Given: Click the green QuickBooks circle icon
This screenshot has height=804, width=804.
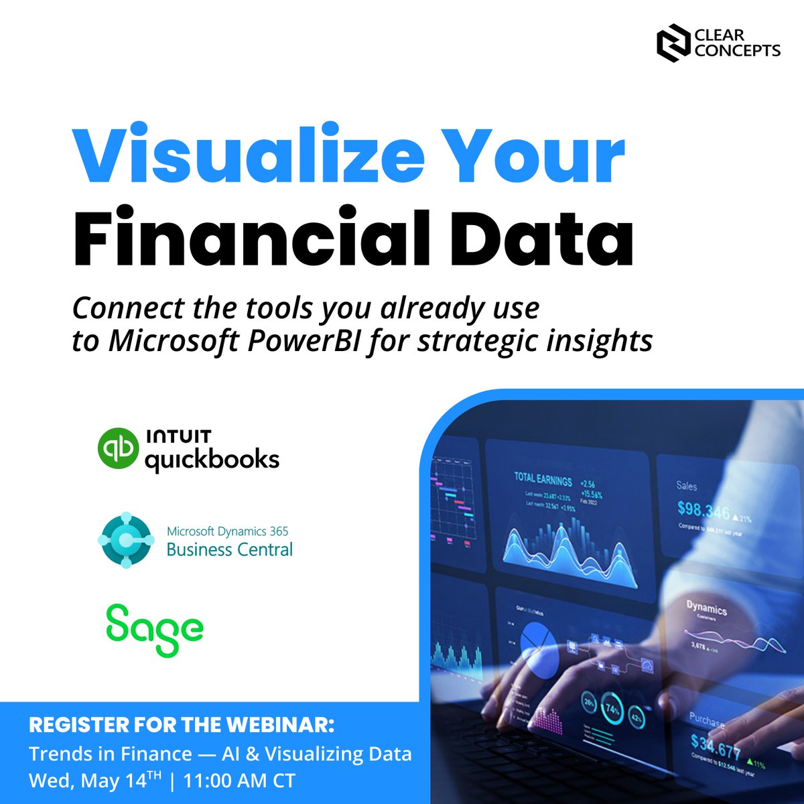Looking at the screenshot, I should pyautogui.click(x=118, y=449).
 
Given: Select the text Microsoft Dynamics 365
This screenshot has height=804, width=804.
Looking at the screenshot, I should pyautogui.click(x=228, y=531).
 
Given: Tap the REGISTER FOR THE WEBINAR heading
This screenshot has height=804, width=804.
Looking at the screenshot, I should pyautogui.click(x=181, y=726).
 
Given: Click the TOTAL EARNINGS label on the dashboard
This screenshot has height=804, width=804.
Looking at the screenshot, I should pyautogui.click(x=543, y=480).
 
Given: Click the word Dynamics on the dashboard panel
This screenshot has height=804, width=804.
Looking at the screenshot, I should pyautogui.click(x=706, y=608).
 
